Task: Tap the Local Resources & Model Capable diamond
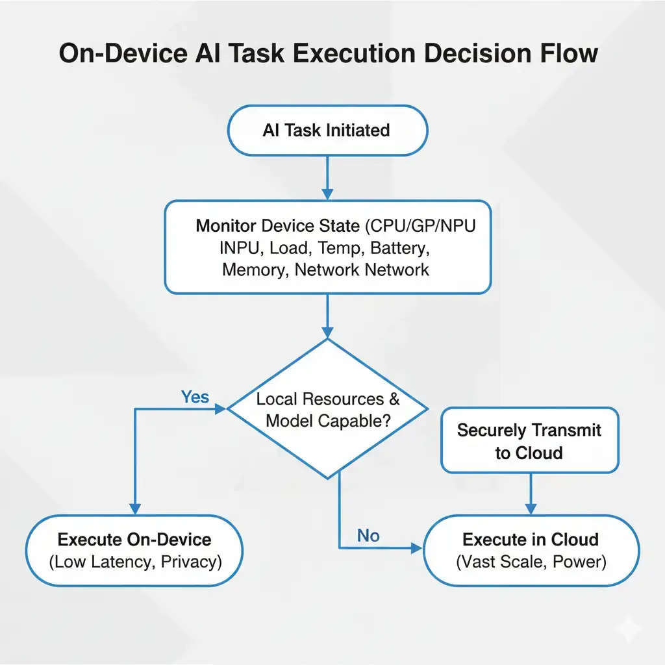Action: point(327,409)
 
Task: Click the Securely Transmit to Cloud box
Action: point(529,440)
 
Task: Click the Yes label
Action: point(195,397)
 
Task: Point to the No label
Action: point(368,536)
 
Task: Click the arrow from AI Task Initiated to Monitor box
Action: point(327,177)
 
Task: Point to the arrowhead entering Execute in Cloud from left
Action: point(416,549)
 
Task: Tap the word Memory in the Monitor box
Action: point(253,270)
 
